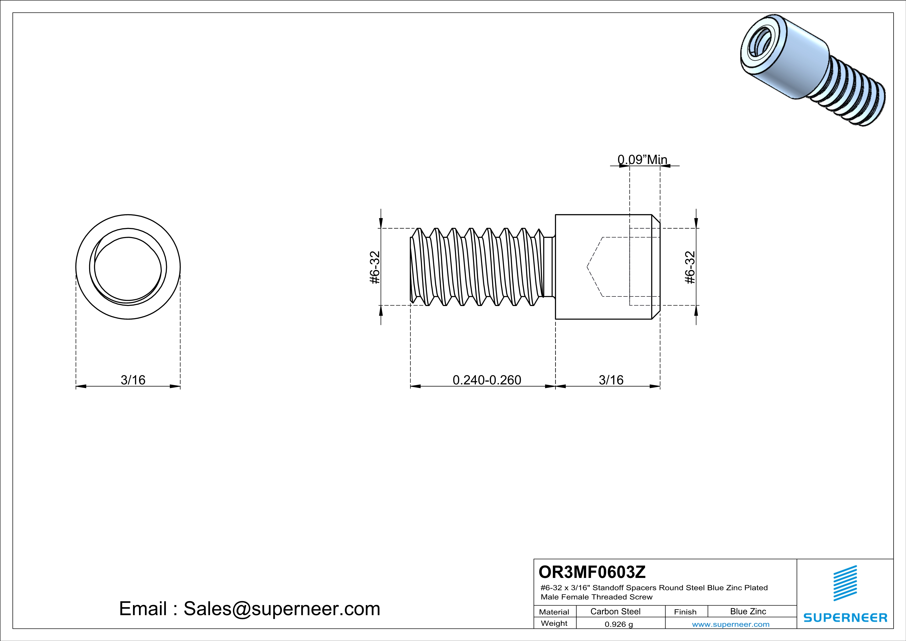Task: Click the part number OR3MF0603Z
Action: pyautogui.click(x=592, y=571)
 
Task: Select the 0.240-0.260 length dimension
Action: pyautogui.click(x=486, y=380)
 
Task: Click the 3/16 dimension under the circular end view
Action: pyautogui.click(x=133, y=380)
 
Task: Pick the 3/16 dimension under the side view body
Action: pyautogui.click(x=611, y=380)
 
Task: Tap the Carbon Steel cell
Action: pyautogui.click(x=615, y=611)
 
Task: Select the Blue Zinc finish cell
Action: pyautogui.click(x=748, y=611)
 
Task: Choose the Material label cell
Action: pyautogui.click(x=554, y=612)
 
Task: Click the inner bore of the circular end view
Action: pyautogui.click(x=128, y=268)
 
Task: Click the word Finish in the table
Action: pyautogui.click(x=685, y=612)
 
